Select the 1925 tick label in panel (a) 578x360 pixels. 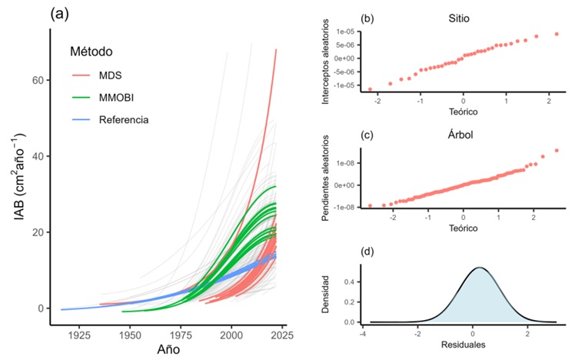[x=79, y=336]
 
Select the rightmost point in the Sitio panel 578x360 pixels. [x=556, y=34]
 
